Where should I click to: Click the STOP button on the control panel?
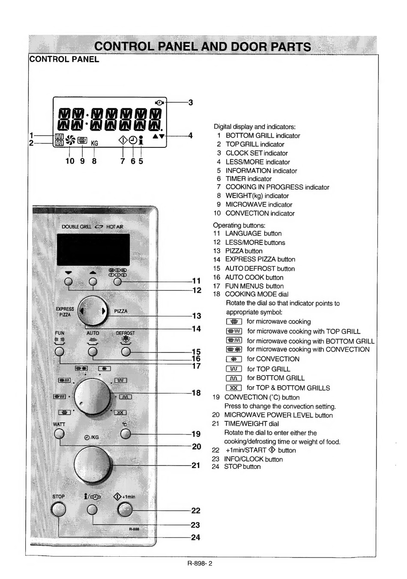point(58,510)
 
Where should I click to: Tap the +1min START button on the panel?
point(125,510)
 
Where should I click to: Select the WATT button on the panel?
point(59,434)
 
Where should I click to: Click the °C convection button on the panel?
point(126,434)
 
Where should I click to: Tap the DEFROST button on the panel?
point(126,352)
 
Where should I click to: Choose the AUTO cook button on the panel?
point(93,352)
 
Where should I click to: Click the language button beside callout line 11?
point(118,281)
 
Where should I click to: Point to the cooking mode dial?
point(92,396)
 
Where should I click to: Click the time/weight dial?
point(92,465)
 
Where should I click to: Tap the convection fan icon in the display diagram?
point(70,140)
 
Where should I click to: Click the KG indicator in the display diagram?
point(95,143)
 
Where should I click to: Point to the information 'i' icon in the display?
point(141,140)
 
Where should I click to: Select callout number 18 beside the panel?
point(196,393)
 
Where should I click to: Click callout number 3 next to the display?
point(191,103)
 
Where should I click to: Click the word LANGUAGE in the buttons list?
point(243,233)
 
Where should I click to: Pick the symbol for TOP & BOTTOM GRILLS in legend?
point(234,388)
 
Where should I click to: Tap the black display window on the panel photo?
point(93,250)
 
